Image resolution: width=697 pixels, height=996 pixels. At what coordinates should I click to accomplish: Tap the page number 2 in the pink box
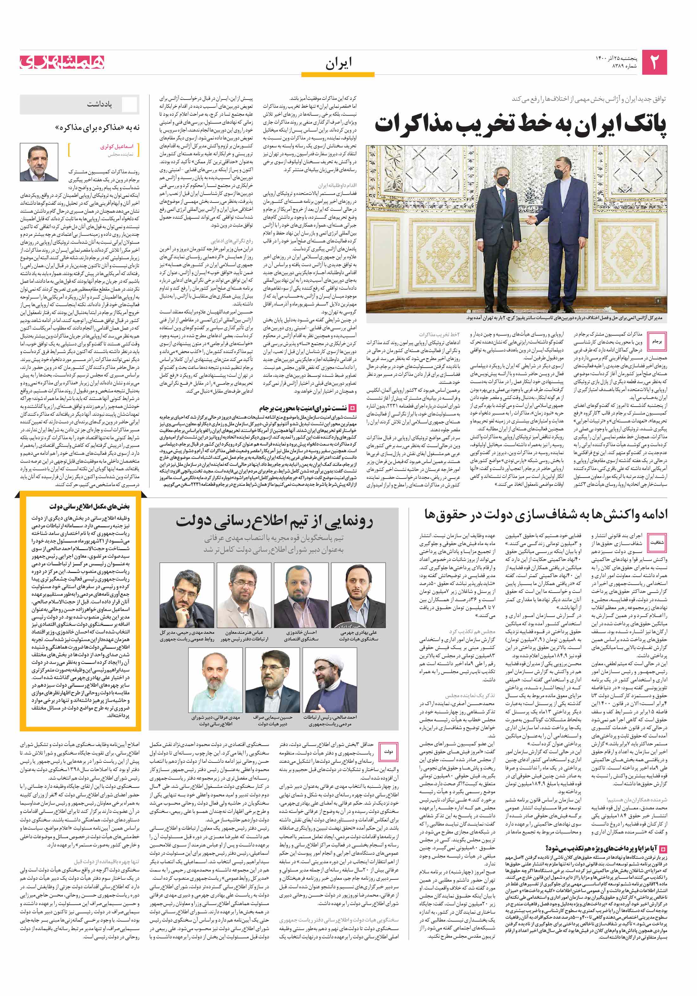tap(654, 62)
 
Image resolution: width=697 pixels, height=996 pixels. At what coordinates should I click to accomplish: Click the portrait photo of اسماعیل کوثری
tap(39, 163)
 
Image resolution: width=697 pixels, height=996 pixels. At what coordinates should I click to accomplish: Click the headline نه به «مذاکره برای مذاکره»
tap(98, 127)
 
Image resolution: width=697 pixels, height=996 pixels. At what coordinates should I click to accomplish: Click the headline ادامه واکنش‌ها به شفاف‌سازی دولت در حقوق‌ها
tap(546, 515)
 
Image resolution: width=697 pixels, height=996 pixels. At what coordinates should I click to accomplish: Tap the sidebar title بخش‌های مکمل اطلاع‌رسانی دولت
tap(89, 506)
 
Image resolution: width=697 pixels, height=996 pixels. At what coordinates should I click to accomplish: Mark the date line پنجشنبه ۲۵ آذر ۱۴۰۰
tap(616, 59)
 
